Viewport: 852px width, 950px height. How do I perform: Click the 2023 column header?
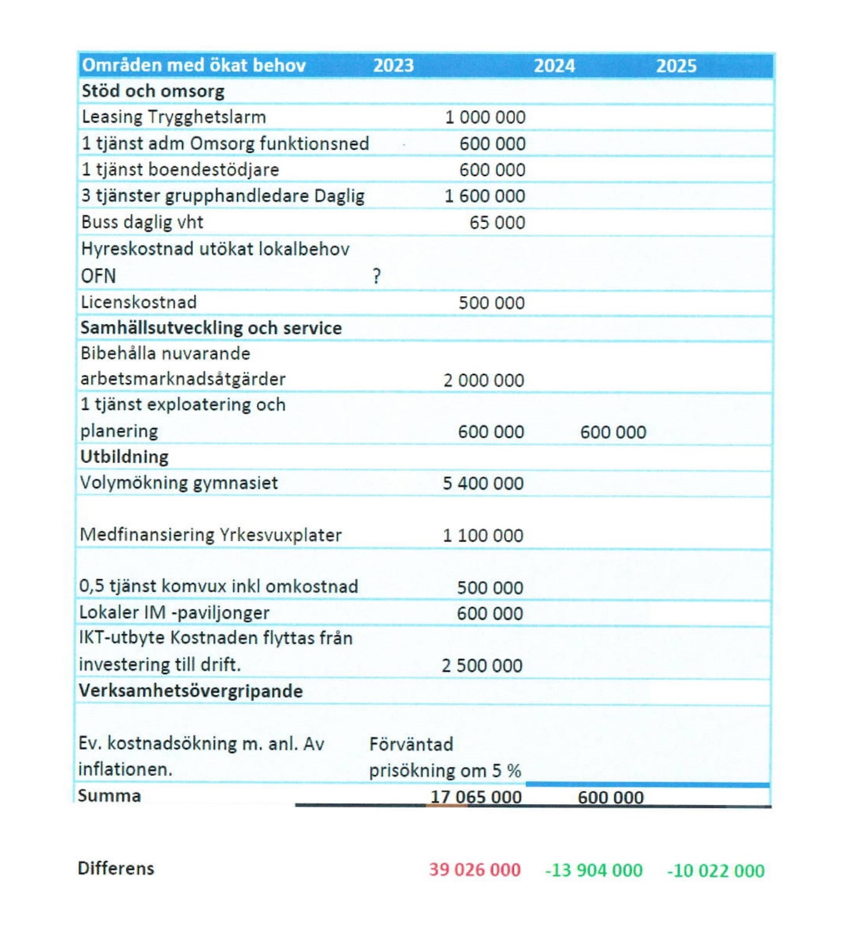(x=393, y=66)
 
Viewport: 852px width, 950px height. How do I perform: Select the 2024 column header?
(x=554, y=66)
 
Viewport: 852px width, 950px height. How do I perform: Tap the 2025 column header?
(x=676, y=66)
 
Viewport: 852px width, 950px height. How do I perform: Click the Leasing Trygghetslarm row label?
(x=174, y=117)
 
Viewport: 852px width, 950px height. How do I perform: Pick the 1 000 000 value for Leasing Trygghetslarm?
(x=485, y=117)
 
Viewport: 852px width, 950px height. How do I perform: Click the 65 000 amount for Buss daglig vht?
(x=497, y=222)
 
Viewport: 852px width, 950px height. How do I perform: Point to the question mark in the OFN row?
(x=377, y=276)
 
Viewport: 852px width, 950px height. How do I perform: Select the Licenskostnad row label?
(x=139, y=302)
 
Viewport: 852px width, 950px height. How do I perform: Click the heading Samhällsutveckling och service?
(x=211, y=328)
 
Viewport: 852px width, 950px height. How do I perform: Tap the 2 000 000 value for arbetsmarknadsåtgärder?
(x=484, y=380)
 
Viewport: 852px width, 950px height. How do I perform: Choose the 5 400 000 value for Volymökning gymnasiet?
(x=483, y=483)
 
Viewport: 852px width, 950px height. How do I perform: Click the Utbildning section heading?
(x=124, y=457)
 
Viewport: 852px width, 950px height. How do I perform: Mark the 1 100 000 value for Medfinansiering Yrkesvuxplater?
(x=483, y=535)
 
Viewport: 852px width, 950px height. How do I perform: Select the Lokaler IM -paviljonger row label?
(x=174, y=613)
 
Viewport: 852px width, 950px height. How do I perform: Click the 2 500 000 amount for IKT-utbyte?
(x=482, y=665)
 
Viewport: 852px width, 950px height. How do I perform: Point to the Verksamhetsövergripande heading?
(x=190, y=691)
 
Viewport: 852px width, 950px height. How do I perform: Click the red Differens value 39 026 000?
(x=474, y=870)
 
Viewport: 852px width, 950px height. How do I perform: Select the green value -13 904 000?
(x=594, y=870)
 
